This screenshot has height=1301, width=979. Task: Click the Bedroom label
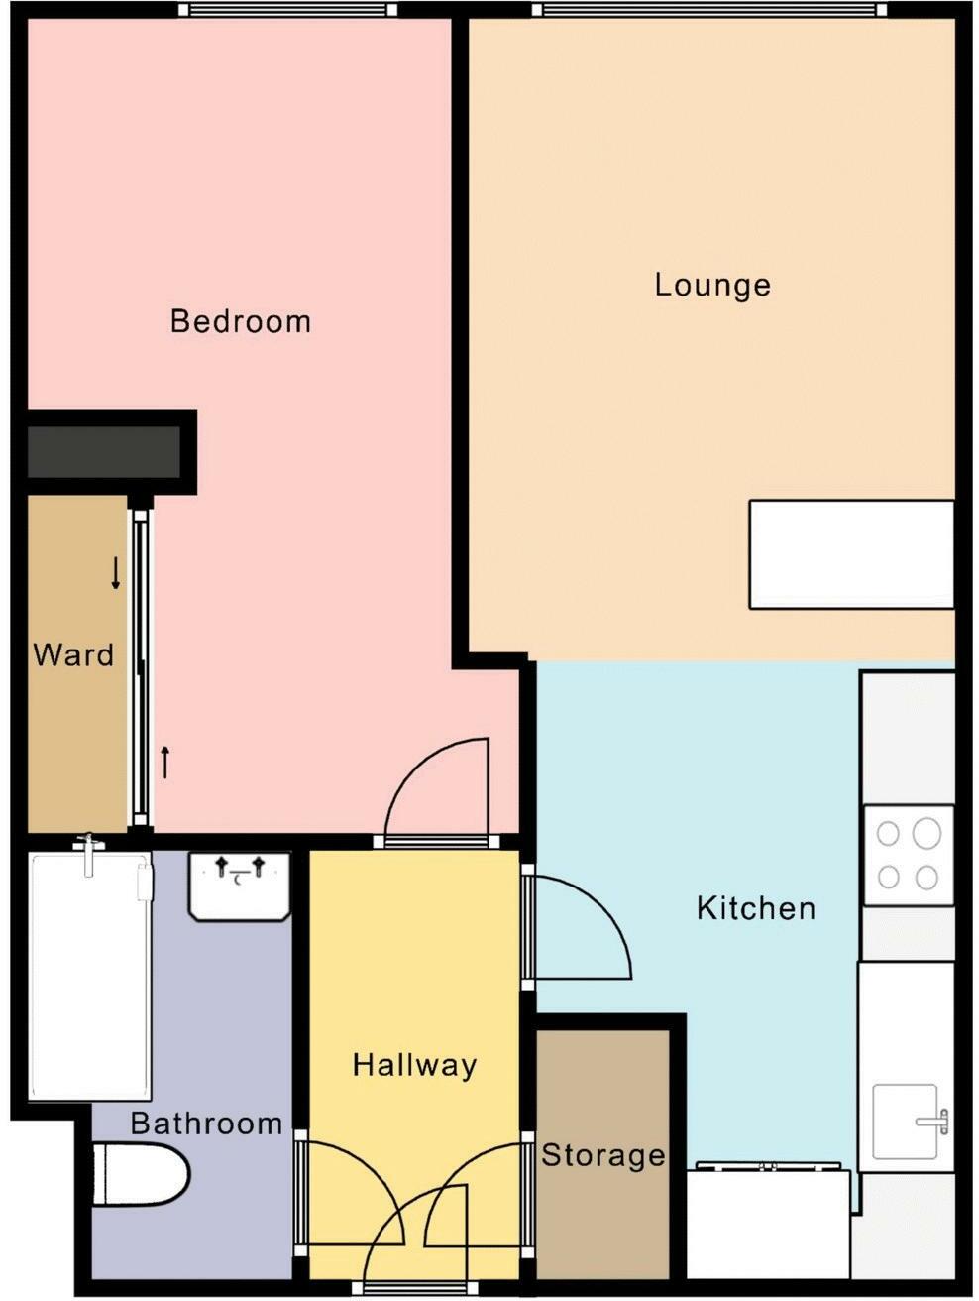(241, 321)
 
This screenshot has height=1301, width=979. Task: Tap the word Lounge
(712, 286)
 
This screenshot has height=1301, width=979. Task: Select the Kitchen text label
(756, 908)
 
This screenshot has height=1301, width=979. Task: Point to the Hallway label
(414, 1065)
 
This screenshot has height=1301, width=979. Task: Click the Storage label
(602, 1155)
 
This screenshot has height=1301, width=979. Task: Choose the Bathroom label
(206, 1124)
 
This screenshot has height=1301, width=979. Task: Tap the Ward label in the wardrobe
(73, 655)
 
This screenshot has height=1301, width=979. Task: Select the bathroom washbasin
(239, 886)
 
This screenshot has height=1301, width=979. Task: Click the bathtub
(89, 977)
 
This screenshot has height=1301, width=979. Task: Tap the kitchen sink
(905, 1122)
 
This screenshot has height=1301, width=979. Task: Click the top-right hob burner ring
(926, 833)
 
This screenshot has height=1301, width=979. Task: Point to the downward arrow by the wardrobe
(116, 573)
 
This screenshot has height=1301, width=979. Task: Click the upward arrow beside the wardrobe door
(165, 762)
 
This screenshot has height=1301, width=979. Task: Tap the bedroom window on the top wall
(287, 10)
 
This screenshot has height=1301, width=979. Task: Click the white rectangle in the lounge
(850, 553)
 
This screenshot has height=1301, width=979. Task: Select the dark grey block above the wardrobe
(103, 451)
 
